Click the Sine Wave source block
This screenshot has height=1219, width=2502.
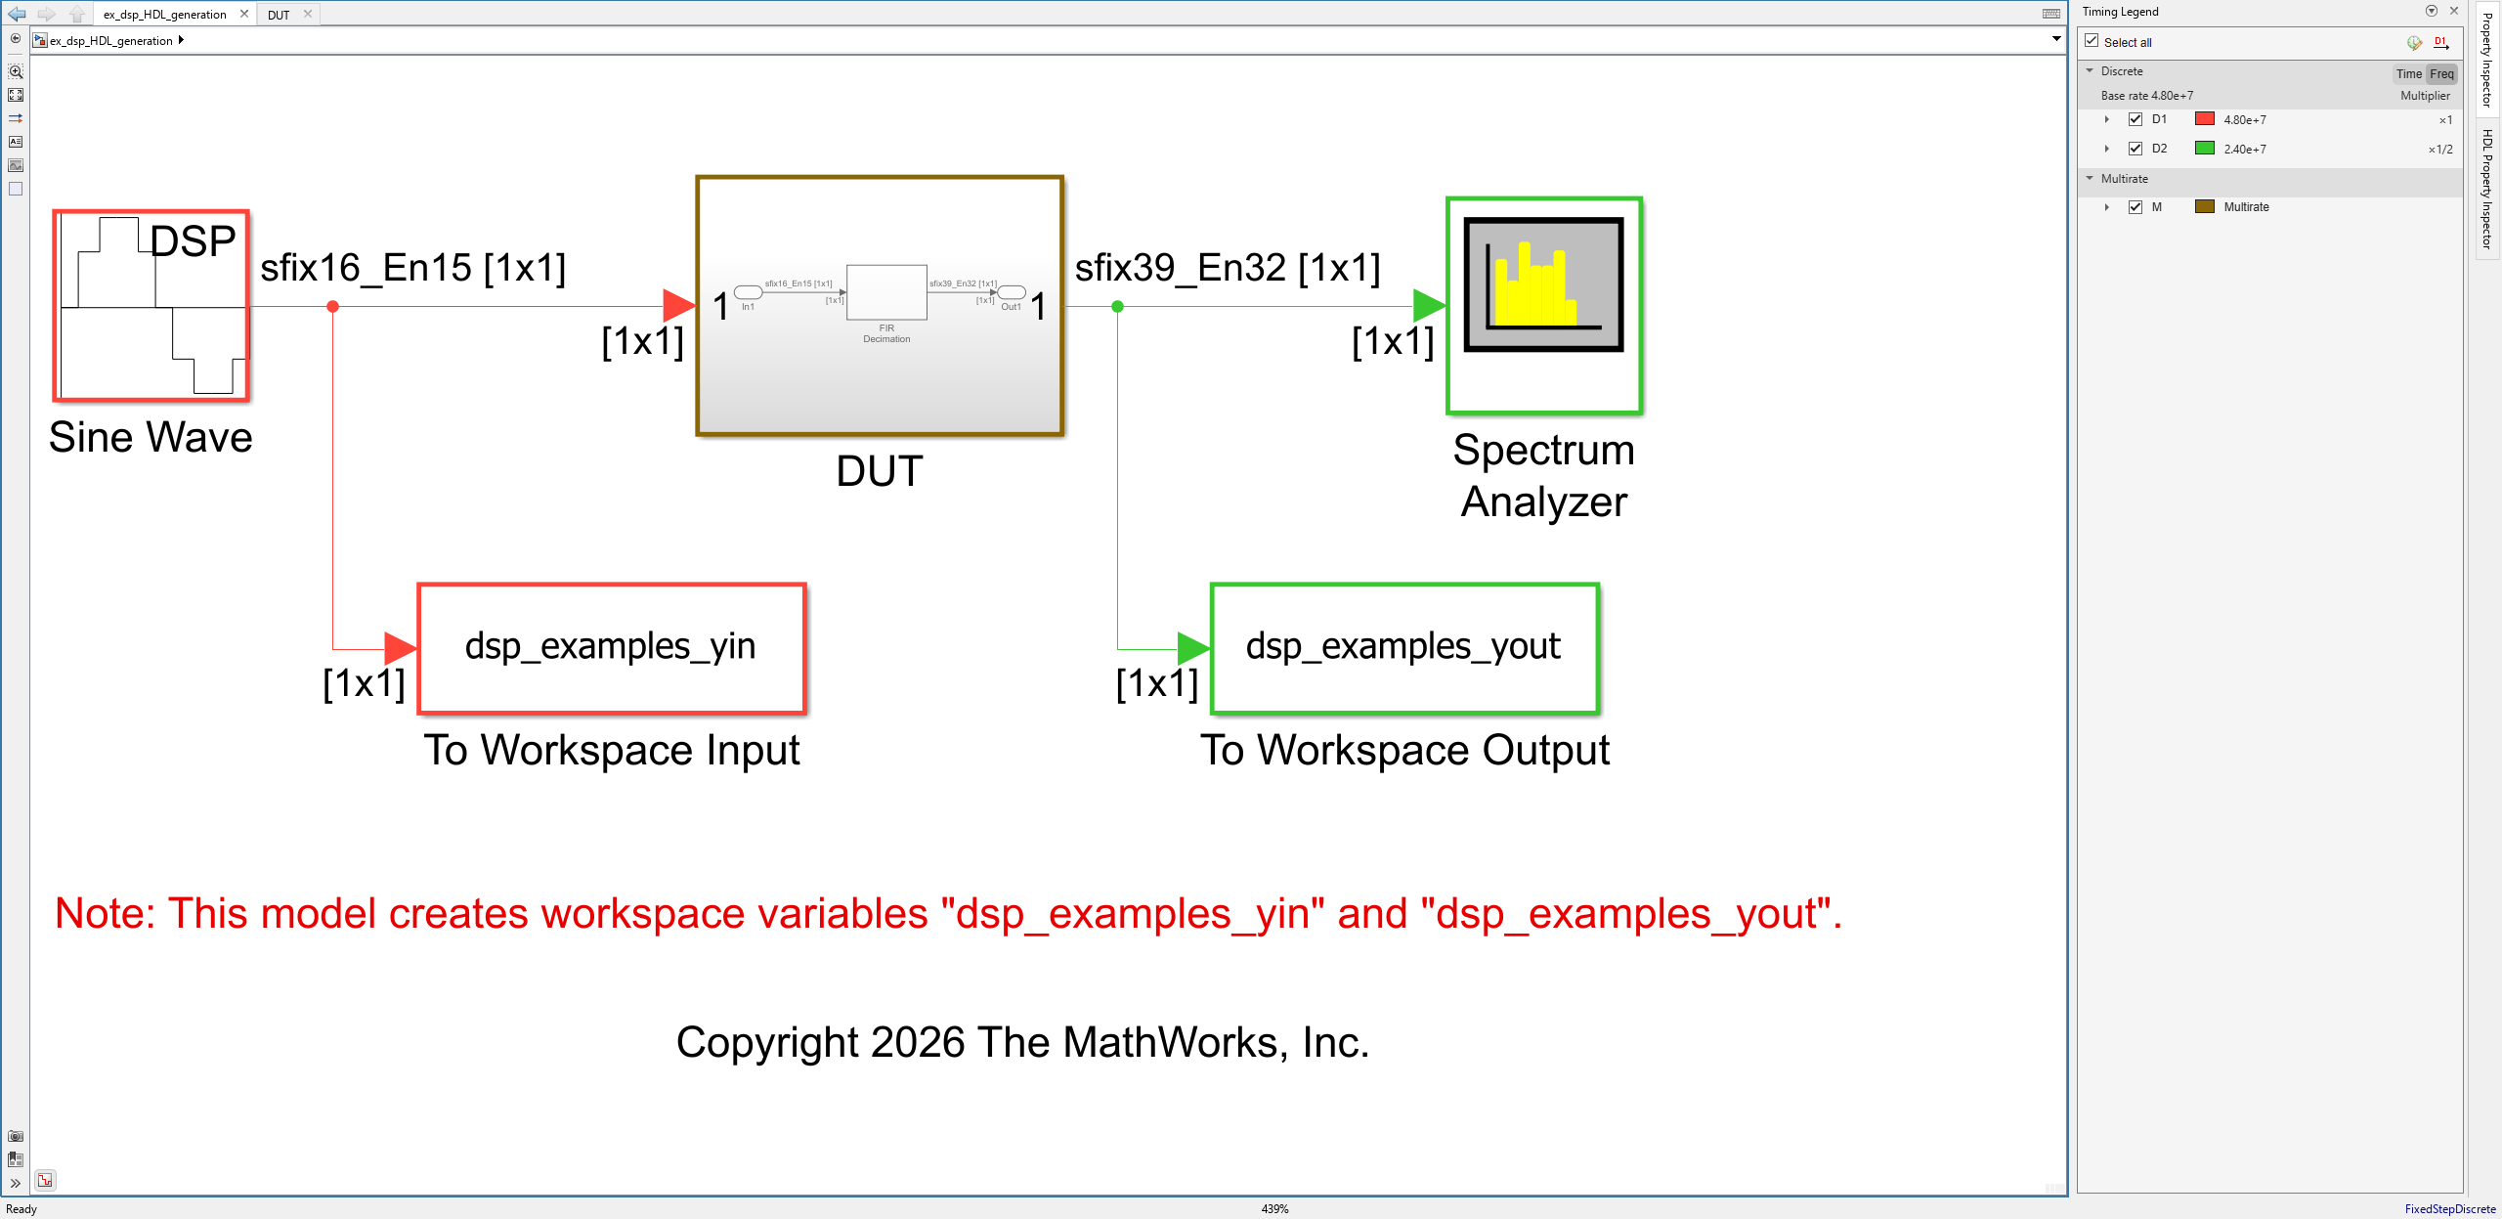pyautogui.click(x=151, y=306)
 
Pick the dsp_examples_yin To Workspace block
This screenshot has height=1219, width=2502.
pyautogui.click(x=612, y=648)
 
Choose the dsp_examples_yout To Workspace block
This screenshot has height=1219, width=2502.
pyautogui.click(x=1404, y=648)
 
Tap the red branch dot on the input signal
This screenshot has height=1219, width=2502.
pyautogui.click(x=333, y=307)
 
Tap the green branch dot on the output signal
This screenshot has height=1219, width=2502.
pyautogui.click(x=1118, y=307)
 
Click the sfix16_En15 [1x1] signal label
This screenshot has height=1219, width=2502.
pyautogui.click(x=412, y=268)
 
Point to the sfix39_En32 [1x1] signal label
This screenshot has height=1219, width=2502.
pyautogui.click(x=1228, y=268)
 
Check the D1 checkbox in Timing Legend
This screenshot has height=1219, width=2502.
pyautogui.click(x=2135, y=119)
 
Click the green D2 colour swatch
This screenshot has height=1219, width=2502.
pyautogui.click(x=2205, y=149)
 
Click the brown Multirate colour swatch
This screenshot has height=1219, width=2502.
pyautogui.click(x=2205, y=206)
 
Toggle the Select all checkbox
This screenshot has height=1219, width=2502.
pyautogui.click(x=2092, y=41)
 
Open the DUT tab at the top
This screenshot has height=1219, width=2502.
pyautogui.click(x=279, y=15)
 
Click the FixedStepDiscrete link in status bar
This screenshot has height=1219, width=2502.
pyautogui.click(x=2449, y=1209)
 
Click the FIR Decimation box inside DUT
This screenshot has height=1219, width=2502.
pyautogui.click(x=886, y=292)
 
